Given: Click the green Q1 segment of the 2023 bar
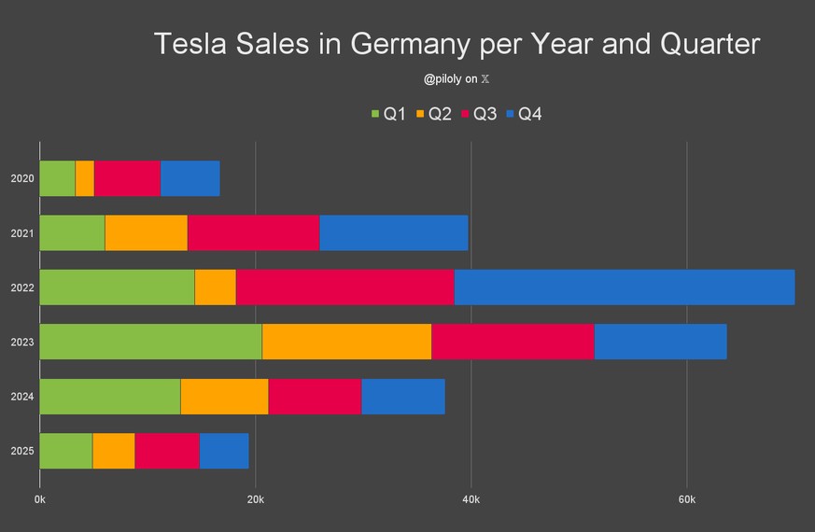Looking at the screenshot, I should [x=150, y=342].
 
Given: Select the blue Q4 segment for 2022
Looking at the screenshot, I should [x=624, y=287].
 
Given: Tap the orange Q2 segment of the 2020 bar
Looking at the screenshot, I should [x=85, y=178].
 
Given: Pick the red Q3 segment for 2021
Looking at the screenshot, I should [x=253, y=232].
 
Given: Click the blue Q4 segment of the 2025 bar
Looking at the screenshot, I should [x=224, y=451].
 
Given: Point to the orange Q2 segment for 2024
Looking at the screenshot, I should [x=224, y=397].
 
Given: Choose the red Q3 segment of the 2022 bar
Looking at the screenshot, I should [x=344, y=287].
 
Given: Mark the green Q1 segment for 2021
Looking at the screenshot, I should [x=72, y=232].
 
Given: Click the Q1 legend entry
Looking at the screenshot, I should [x=387, y=114].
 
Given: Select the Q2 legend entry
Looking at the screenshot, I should [x=433, y=114].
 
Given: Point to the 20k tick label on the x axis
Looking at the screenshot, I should [x=256, y=500].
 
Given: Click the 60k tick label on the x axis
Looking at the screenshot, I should [x=686, y=500].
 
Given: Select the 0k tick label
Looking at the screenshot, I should [x=40, y=500].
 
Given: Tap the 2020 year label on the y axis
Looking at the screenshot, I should [x=21, y=178].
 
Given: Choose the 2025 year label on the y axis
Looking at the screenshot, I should [x=21, y=451].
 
